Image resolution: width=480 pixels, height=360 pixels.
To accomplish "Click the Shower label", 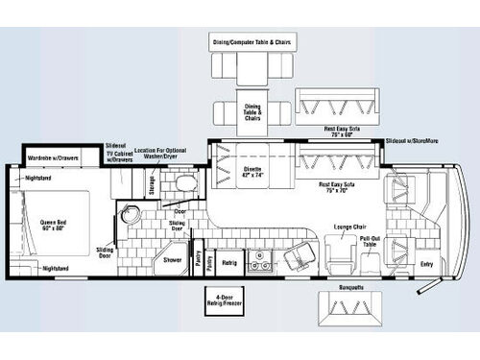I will coord(173,259).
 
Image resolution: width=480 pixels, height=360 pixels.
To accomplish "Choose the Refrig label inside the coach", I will coord(229,261).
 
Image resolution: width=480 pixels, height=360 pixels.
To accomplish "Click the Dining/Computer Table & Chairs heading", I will coord(252,41).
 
